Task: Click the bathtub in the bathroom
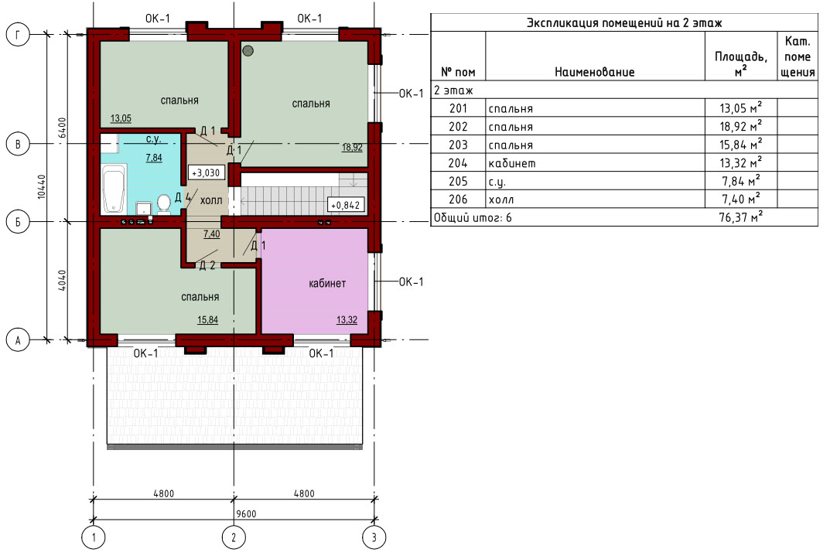click(114, 189)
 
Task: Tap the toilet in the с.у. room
click(164, 203)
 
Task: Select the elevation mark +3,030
click(206, 173)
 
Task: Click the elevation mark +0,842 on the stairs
click(346, 205)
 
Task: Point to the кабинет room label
click(327, 284)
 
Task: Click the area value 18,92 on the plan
click(352, 148)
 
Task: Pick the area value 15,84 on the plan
click(207, 319)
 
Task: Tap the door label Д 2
click(207, 265)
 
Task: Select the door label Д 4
click(183, 198)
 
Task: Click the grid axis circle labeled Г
click(18, 35)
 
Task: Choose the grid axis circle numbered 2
click(234, 538)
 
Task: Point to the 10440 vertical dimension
click(42, 187)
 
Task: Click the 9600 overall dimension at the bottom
click(246, 513)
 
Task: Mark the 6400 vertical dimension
click(62, 128)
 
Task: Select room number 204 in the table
click(458, 163)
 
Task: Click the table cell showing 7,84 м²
click(740, 181)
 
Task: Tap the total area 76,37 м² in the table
click(740, 217)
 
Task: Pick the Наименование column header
click(594, 72)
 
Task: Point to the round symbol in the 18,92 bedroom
click(248, 51)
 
